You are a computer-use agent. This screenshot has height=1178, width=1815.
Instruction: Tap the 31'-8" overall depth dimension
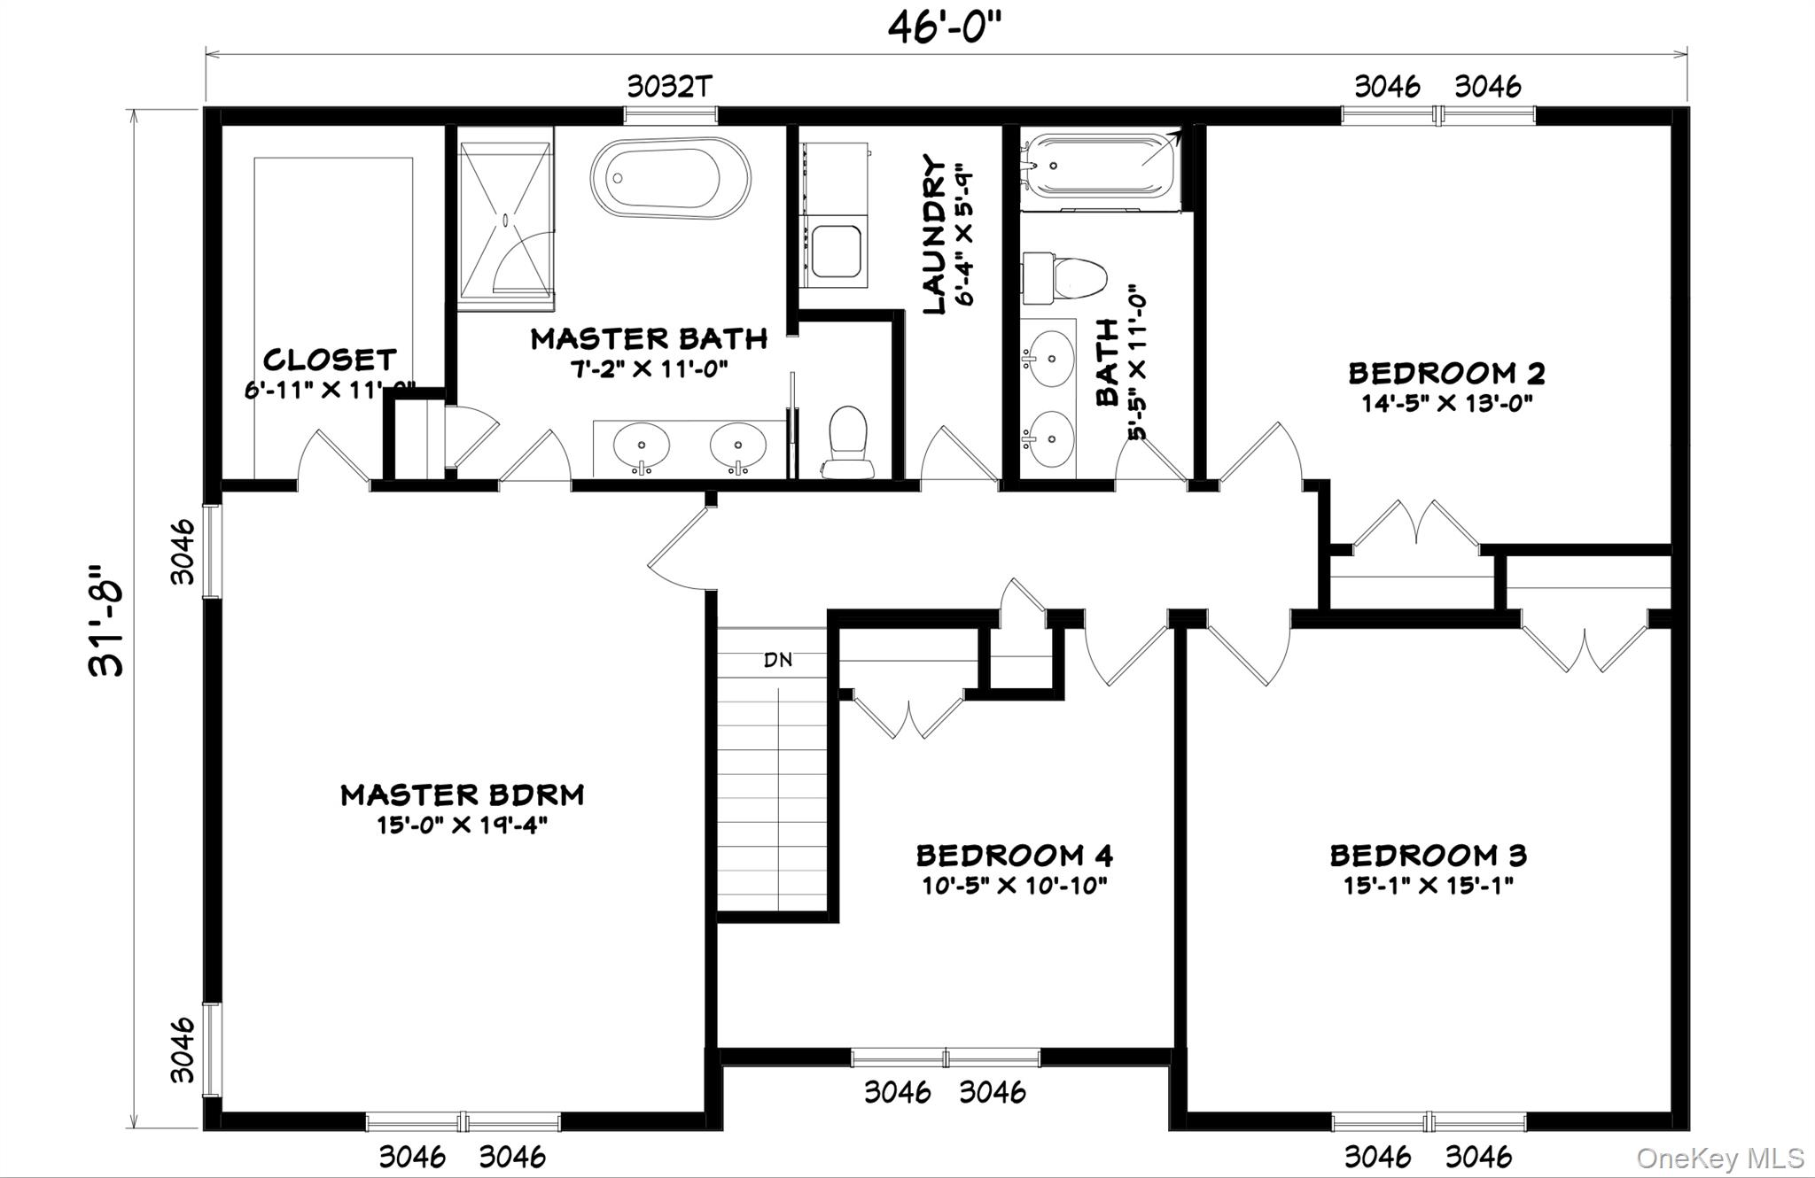pos(107,620)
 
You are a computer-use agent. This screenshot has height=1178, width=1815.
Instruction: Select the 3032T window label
pos(670,87)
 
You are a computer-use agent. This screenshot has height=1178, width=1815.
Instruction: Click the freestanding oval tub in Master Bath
pos(670,178)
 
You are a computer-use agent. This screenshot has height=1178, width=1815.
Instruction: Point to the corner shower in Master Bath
pos(506,218)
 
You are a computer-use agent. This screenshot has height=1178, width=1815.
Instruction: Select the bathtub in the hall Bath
pos(1098,166)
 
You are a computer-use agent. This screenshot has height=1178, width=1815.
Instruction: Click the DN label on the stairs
pos(778,660)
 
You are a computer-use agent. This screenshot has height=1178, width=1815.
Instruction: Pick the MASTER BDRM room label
pos(463,794)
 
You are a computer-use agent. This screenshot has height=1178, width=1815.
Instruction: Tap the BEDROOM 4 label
pos(1014,856)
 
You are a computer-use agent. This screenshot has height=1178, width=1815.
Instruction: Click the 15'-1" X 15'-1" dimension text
pos(1428,885)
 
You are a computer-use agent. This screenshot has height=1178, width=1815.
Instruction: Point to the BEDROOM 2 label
pos(1446,373)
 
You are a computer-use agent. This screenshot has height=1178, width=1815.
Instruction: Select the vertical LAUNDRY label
pos(934,235)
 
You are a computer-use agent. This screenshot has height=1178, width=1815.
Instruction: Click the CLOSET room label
pos(330,360)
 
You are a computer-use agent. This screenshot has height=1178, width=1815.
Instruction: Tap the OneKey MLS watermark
pos(1719,1158)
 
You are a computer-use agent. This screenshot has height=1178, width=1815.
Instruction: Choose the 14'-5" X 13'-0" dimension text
pos(1446,404)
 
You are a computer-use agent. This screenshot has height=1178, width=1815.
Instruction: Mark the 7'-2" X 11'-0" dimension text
pos(649,368)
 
